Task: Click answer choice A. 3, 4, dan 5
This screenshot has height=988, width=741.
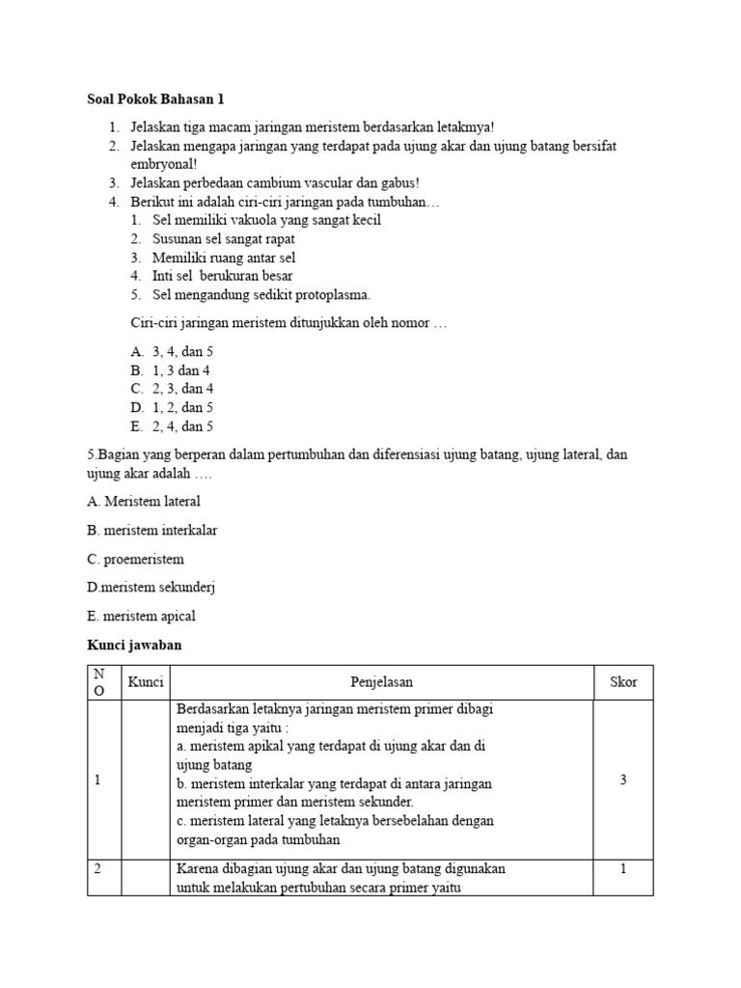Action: click(172, 353)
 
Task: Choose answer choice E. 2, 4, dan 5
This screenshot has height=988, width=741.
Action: click(172, 426)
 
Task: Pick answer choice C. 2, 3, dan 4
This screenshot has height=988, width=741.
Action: click(172, 390)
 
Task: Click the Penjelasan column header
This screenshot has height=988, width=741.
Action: click(381, 682)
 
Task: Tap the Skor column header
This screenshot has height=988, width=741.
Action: click(623, 682)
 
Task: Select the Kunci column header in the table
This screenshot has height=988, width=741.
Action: click(146, 682)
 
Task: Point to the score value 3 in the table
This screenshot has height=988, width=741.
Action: click(623, 780)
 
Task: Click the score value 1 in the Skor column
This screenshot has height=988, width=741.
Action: click(623, 869)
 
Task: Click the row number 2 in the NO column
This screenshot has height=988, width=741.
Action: click(97, 869)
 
